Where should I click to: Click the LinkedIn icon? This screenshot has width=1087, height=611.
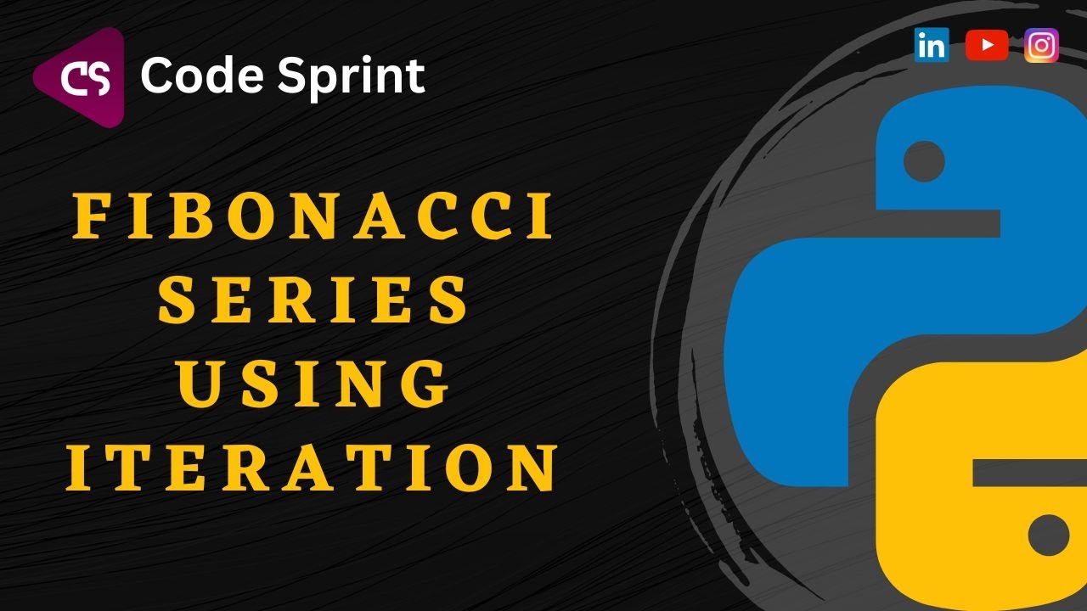point(932,46)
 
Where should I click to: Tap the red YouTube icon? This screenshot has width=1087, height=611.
point(987,46)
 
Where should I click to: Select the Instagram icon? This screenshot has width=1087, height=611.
point(1041,46)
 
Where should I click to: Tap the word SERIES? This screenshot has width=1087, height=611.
point(314,301)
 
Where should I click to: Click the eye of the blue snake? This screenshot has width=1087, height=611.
point(924,160)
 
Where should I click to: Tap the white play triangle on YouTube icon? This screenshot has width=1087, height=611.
point(988,46)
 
